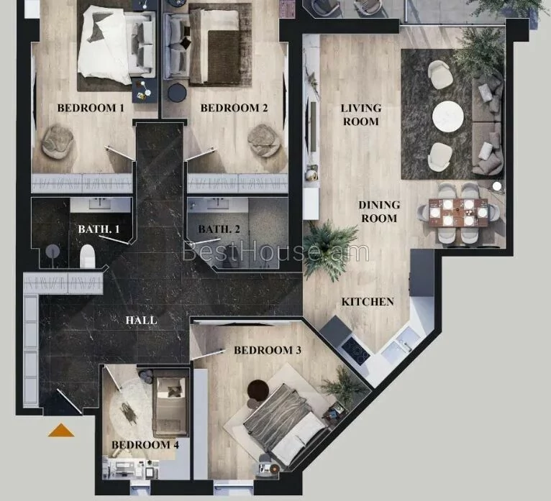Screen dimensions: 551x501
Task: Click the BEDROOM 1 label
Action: pyautogui.click(x=91, y=108)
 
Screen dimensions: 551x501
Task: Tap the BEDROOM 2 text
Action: pyautogui.click(x=234, y=108)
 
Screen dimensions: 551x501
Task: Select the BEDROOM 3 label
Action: pyautogui.click(x=268, y=350)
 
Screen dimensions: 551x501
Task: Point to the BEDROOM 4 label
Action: pyautogui.click(x=145, y=445)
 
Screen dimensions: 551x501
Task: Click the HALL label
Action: pyautogui.click(x=141, y=320)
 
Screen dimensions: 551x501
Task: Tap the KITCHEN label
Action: pyautogui.click(x=368, y=302)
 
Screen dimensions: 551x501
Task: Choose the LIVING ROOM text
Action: pyautogui.click(x=361, y=115)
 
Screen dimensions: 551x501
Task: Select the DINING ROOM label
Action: pyautogui.click(x=379, y=212)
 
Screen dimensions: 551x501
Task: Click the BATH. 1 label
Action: pyautogui.click(x=99, y=229)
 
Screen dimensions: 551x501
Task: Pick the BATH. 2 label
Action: pyautogui.click(x=219, y=229)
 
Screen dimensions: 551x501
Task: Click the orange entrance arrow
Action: pyautogui.click(x=61, y=431)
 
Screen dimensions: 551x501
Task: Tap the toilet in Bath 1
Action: pyautogui.click(x=88, y=257)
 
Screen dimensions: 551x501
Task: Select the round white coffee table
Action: pyautogui.click(x=448, y=117)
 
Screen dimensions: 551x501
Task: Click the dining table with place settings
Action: pyautogui.click(x=458, y=213)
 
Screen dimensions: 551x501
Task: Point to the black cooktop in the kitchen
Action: pyautogui.click(x=355, y=350)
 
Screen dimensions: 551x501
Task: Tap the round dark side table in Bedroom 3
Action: pyautogui.click(x=258, y=390)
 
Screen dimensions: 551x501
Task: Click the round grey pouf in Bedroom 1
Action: pyautogui.click(x=58, y=139)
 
